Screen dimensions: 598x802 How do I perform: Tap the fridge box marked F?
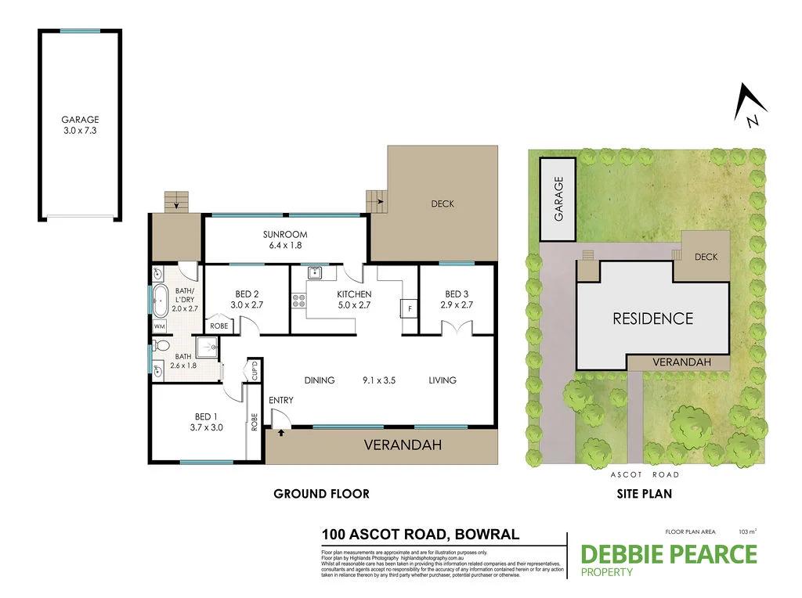point(408,308)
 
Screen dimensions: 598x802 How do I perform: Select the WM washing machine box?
point(160,326)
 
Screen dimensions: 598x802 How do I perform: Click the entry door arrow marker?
point(280,430)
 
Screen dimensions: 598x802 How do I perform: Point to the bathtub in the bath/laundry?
point(161,300)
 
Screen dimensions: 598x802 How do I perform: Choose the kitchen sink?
point(316,273)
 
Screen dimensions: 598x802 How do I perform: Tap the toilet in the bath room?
point(161,345)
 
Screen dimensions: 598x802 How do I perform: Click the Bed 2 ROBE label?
point(219,326)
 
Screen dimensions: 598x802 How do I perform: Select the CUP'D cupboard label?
point(254,371)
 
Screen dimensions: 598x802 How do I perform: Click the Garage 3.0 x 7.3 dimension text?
point(80,131)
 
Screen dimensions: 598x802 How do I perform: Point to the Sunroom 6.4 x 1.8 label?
point(284,240)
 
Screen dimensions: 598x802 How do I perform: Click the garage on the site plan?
point(559,199)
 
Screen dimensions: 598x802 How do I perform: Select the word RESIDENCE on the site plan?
point(652,319)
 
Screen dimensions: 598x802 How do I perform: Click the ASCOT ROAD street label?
point(645,475)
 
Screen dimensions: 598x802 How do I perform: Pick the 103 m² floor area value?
point(747,531)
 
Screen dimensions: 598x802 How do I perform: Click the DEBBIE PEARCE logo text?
point(668,554)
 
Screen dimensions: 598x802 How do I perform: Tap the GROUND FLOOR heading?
point(321,494)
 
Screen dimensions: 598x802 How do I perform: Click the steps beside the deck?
point(377,202)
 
